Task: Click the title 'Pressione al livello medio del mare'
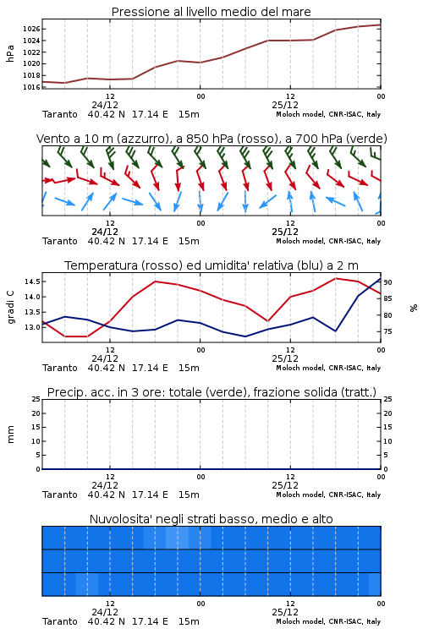[211, 12]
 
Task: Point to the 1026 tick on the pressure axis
[31, 29]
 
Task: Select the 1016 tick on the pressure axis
[31, 87]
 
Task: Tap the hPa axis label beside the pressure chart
[10, 53]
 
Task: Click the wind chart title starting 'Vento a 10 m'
[211, 139]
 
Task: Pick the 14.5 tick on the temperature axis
[32, 281]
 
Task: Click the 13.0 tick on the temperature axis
[32, 327]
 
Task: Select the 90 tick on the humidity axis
[387, 282]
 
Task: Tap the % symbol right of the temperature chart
[414, 308]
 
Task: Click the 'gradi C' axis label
[10, 308]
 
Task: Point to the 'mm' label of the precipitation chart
[10, 435]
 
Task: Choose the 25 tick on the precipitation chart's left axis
[36, 399]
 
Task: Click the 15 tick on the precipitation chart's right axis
[387, 427]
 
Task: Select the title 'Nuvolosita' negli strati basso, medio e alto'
[211, 519]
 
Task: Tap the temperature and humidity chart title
[211, 265]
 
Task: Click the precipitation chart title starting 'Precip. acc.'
[211, 392]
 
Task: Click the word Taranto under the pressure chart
[59, 114]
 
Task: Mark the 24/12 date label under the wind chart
[105, 232]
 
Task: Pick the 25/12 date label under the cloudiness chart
[285, 612]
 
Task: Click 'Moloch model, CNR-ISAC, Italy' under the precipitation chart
[328, 495]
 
